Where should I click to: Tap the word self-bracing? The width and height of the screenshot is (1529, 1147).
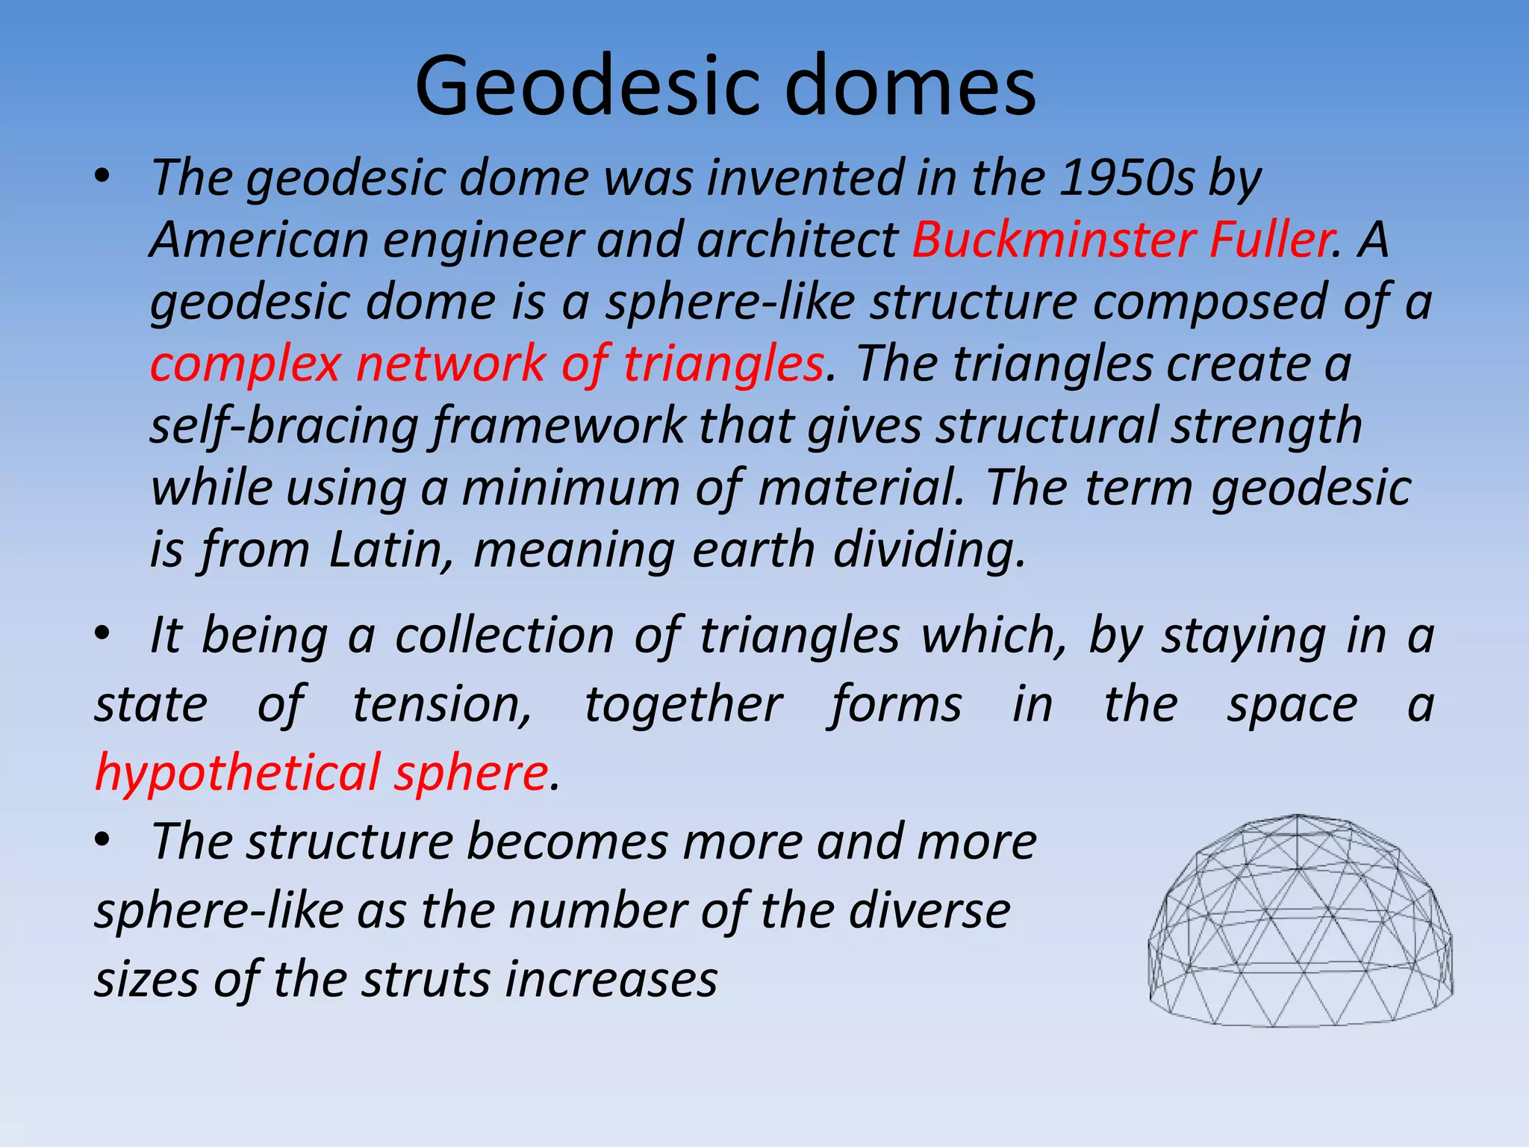[x=284, y=426]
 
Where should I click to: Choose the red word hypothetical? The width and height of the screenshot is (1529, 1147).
[x=237, y=773]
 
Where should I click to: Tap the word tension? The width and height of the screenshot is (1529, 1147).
[x=442, y=704]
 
